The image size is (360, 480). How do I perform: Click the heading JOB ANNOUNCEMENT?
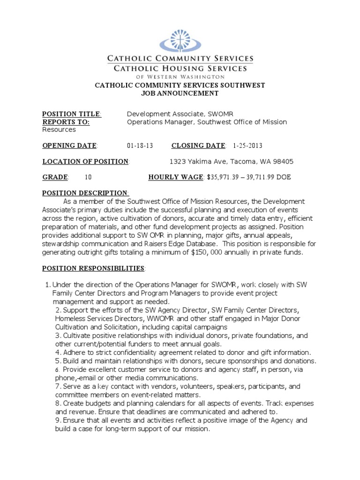[180, 93]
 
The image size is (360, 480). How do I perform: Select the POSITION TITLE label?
[71, 114]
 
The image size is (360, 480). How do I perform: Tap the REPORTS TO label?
[66, 122]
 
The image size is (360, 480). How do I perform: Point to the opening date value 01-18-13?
[140, 145]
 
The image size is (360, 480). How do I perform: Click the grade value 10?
[88, 177]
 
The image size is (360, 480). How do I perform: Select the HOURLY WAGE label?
[176, 177]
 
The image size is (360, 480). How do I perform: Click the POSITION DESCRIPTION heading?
[85, 193]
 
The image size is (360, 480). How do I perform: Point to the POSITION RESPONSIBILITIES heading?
[93, 268]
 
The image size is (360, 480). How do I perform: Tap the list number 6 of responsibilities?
[57, 370]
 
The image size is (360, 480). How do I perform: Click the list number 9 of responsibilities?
[58, 420]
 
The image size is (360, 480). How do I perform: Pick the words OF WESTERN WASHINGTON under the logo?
[180, 76]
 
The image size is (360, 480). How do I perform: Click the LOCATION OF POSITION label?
[85, 162]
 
